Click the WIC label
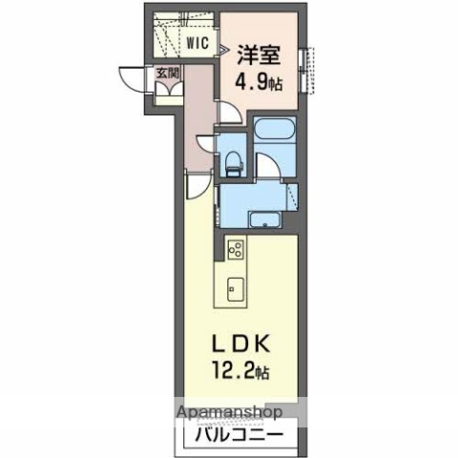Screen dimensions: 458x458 point(198,43)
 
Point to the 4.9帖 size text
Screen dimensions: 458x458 point(259,83)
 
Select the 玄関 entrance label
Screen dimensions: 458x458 point(168,73)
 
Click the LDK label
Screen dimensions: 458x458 point(241,343)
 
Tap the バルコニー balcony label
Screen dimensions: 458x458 point(239,434)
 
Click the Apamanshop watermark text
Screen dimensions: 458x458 point(230,412)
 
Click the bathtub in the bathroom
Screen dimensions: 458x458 point(275,129)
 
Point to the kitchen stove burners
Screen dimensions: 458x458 point(236,248)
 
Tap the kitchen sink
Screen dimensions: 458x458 point(236,289)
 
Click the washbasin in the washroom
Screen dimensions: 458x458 point(265,220)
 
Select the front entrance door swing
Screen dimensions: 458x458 point(132,79)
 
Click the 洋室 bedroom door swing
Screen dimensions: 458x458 point(230,112)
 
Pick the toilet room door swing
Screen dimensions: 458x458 point(206,145)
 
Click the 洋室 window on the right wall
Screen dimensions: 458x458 point(307,71)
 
